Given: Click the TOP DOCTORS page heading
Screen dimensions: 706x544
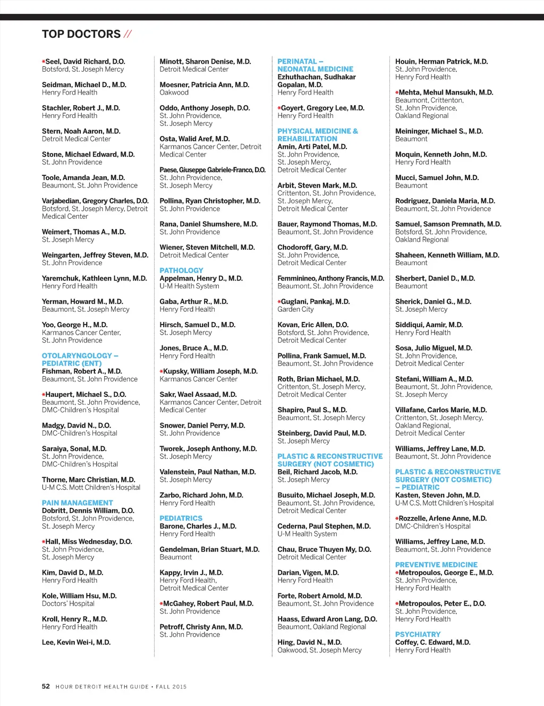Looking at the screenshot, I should coord(81,35).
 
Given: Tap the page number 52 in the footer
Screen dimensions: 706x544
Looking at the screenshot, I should coord(46,686).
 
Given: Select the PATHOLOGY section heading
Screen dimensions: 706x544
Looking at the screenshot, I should coord(181,270).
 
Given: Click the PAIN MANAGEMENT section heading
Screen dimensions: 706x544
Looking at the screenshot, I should coord(78,503).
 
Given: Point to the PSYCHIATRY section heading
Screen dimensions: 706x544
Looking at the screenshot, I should coord(418,634).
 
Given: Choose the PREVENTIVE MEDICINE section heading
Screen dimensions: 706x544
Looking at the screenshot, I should coord(436,565).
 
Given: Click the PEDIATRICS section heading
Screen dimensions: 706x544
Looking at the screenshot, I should coord(181,518).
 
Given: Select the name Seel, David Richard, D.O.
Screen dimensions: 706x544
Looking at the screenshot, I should coord(85,62).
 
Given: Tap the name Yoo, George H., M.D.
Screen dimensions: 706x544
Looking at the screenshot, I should coord(74,325).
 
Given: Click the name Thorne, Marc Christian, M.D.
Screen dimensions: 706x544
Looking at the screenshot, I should coord(88,480).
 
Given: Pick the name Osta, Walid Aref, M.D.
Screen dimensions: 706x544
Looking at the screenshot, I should coord(194,139).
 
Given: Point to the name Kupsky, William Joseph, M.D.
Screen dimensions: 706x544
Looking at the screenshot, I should coord(210,371).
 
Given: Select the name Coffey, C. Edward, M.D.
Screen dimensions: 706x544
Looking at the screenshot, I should coord(432,642).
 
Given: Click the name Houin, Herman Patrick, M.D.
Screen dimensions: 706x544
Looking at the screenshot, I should coord(441,62).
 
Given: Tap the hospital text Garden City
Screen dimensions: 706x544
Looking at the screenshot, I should coord(295,309).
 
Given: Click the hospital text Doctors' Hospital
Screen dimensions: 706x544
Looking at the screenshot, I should coord(68,603).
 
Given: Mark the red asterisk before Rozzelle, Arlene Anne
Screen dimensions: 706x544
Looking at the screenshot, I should coord(397,518).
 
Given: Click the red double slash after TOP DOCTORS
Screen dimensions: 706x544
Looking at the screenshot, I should coord(127,35).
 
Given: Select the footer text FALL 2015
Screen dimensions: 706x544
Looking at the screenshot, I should coord(171,687).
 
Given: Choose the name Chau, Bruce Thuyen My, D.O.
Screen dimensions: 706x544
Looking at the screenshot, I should coord(324,549).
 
